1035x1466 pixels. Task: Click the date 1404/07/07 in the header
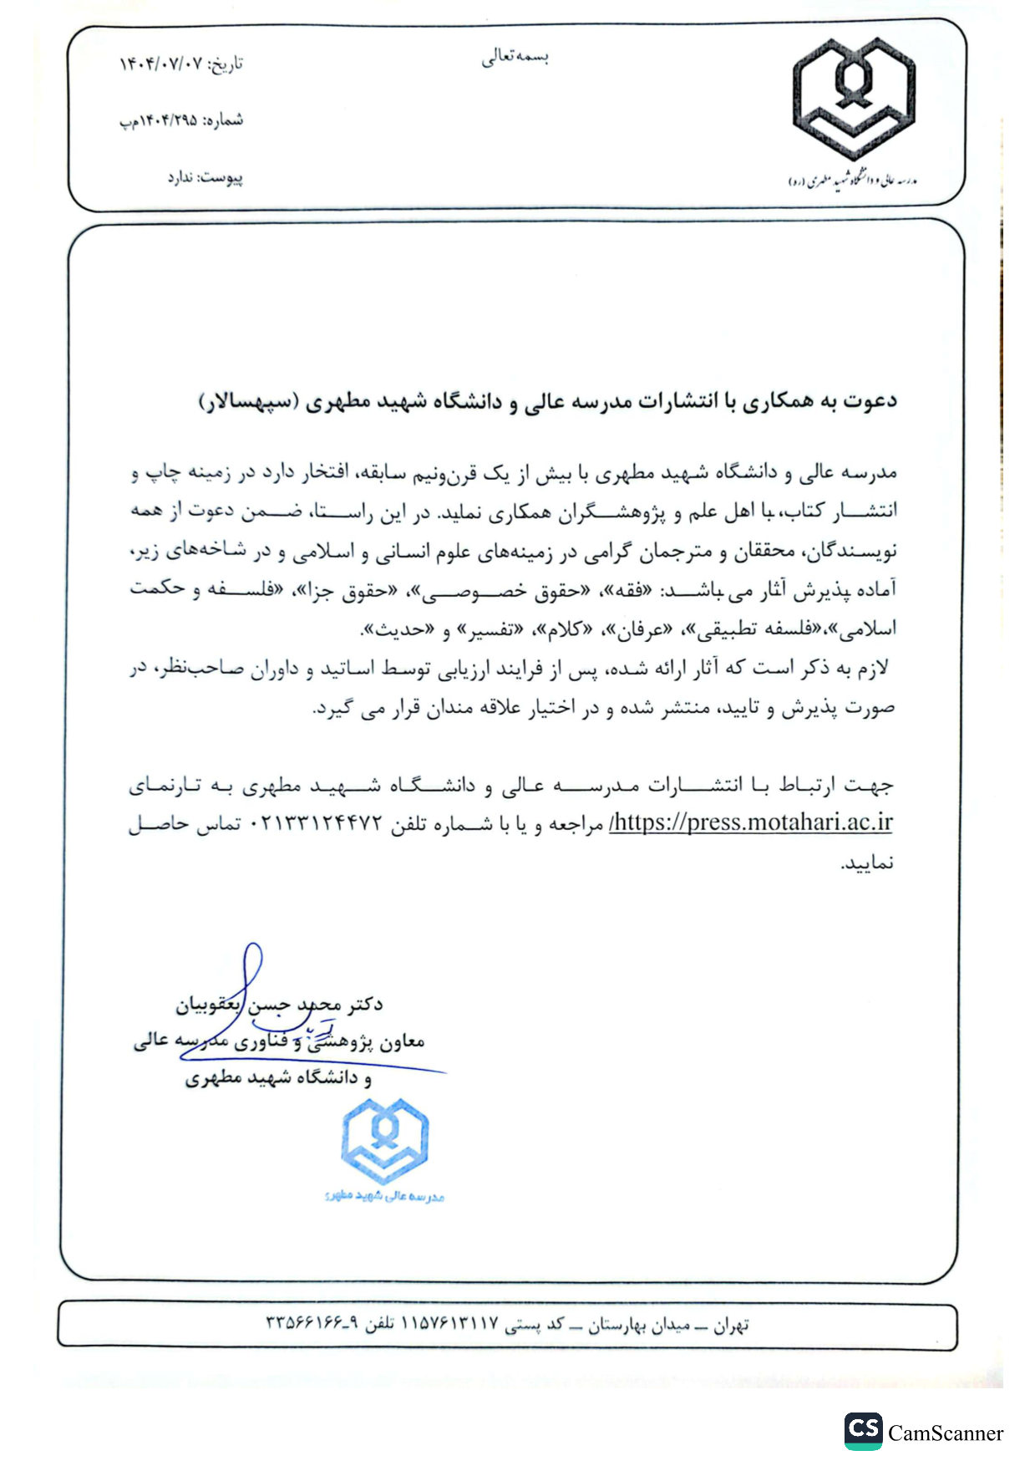click(161, 64)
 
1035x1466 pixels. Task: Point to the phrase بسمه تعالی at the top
click(515, 57)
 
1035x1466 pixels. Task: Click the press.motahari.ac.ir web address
click(751, 822)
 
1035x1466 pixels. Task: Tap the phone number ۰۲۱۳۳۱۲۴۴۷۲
click(317, 824)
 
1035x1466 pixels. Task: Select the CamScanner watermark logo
click(862, 1432)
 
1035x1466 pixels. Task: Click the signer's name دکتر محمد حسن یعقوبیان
click(280, 1004)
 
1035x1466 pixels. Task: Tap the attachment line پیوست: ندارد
click(205, 178)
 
